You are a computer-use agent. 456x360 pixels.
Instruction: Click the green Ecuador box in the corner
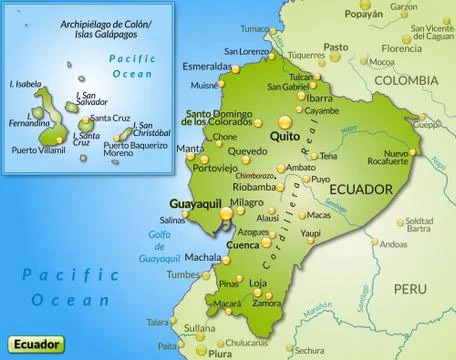point(34,344)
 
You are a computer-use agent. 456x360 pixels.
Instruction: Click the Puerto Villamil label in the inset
point(39,151)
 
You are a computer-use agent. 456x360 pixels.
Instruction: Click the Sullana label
point(200,327)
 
